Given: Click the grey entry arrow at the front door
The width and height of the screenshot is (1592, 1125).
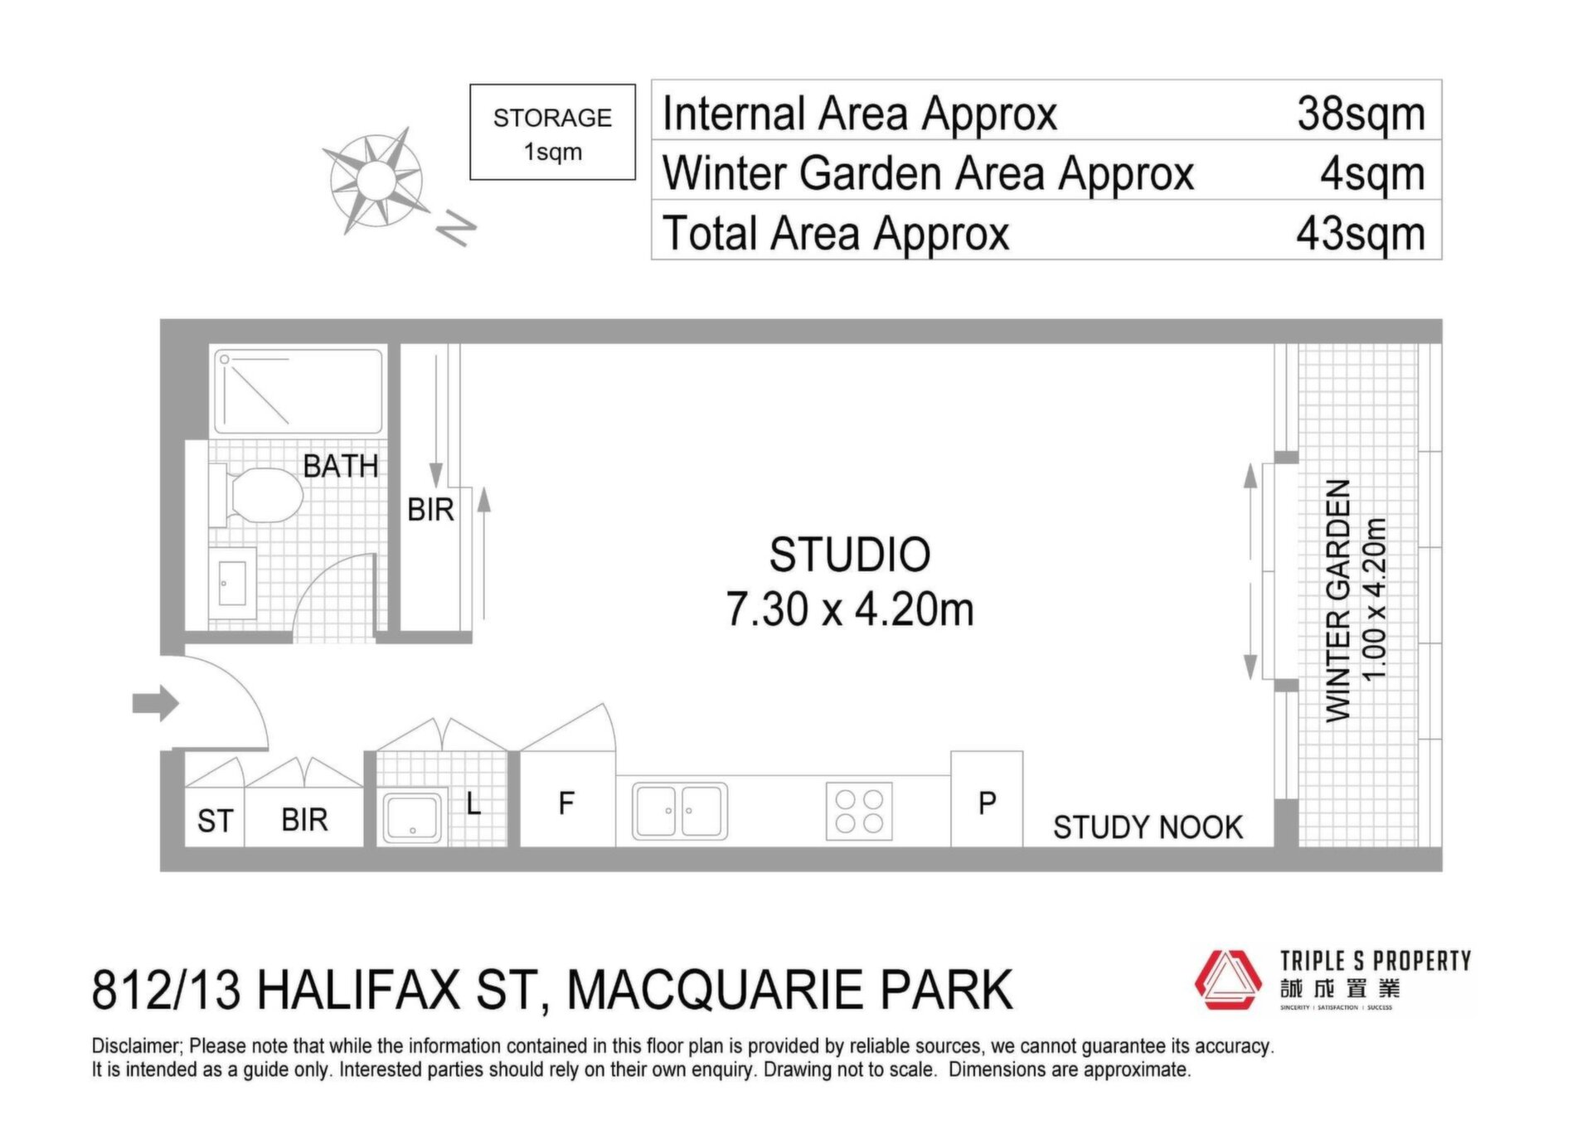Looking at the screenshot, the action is click(156, 703).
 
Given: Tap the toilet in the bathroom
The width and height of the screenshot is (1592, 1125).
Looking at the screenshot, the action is click(257, 495).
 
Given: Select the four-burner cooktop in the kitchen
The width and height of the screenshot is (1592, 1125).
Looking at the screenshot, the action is click(859, 811).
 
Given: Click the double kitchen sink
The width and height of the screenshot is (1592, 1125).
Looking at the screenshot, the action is click(680, 811).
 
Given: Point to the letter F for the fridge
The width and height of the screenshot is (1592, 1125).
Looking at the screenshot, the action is click(566, 803).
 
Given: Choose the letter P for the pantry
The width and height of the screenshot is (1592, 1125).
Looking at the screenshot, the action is click(987, 803).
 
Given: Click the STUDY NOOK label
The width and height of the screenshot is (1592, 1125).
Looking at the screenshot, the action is click(1148, 827).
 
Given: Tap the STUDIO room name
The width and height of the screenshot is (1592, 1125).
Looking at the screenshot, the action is click(850, 555).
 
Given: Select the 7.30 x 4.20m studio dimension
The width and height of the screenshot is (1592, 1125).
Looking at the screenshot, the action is click(850, 609).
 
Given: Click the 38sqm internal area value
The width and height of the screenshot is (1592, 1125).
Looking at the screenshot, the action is click(1361, 114).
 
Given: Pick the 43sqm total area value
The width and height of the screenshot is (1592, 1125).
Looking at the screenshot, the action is click(1361, 233).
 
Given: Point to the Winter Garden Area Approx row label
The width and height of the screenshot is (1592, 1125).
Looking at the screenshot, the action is click(928, 173).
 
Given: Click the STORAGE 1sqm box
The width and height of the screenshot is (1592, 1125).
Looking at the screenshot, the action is click(552, 132).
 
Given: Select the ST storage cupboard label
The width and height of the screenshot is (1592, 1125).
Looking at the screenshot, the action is click(215, 821).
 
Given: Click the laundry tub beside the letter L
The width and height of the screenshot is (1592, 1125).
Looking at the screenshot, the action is click(413, 817).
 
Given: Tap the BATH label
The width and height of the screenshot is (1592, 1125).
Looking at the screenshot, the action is click(341, 466).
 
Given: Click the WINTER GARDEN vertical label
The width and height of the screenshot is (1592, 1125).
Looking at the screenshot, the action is click(1338, 600).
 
